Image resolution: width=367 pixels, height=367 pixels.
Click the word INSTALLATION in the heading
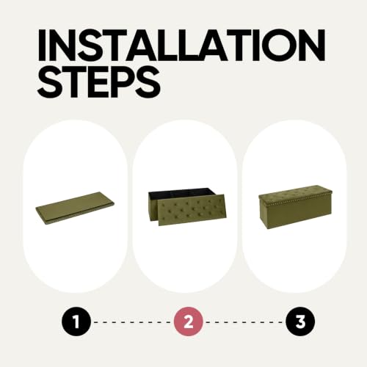point(181,46)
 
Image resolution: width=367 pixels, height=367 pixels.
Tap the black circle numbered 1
point(76,321)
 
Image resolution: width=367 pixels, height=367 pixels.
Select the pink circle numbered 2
point(189,321)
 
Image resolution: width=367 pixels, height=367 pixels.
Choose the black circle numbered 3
point(300,321)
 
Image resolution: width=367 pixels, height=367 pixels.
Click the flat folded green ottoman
point(75,208)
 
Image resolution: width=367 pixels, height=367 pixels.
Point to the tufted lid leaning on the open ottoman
point(192,210)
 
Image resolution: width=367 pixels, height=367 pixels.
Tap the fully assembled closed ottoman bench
point(295,207)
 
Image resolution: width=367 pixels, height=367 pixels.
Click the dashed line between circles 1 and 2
point(132,321)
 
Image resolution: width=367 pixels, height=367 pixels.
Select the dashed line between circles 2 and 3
point(244,321)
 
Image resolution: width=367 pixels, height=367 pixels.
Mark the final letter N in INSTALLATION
point(310,46)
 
